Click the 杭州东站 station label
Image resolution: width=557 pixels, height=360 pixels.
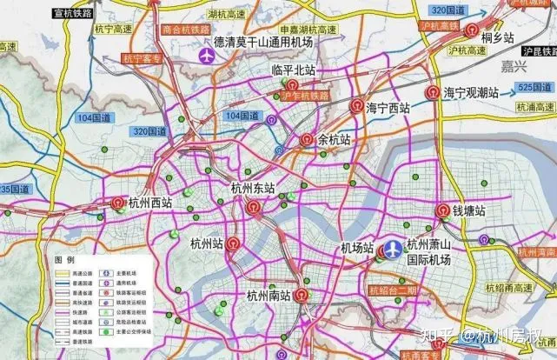tap(253, 188)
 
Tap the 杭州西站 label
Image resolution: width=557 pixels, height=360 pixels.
tap(149, 203)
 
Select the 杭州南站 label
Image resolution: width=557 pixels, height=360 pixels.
tap(268, 296)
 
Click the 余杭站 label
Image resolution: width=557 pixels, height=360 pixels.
tap(334, 139)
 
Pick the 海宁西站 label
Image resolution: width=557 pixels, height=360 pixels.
tap(388, 108)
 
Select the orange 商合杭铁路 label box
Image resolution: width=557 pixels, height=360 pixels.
tap(188, 28)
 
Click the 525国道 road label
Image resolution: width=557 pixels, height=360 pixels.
tap(533, 88)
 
